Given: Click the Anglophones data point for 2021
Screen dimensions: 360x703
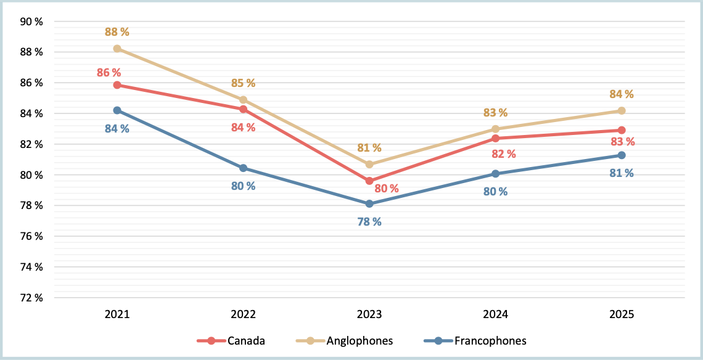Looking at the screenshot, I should click(x=117, y=49).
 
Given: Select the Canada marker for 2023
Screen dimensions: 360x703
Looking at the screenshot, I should click(x=369, y=181).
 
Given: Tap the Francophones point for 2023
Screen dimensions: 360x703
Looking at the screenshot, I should click(x=369, y=204).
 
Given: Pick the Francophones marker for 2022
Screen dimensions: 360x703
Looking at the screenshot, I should click(x=243, y=168).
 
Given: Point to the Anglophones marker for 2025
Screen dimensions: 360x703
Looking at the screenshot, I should click(x=622, y=111).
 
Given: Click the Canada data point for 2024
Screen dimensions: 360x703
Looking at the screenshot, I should click(x=495, y=138).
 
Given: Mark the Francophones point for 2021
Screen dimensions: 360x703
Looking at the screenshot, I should click(x=117, y=110).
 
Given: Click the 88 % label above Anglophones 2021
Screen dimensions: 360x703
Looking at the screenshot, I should click(x=117, y=32).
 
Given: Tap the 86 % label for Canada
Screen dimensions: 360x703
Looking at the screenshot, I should click(x=109, y=73).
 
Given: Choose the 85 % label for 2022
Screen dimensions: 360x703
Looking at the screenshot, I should click(x=243, y=83).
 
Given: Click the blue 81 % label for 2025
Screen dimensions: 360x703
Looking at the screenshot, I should click(x=622, y=173).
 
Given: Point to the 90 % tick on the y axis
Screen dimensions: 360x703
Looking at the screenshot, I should click(x=31, y=22).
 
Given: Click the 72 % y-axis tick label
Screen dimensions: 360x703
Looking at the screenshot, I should click(x=31, y=298).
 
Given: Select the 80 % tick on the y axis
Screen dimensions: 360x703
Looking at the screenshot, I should click(x=31, y=175).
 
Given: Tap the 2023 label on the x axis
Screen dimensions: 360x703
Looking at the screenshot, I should click(x=369, y=314).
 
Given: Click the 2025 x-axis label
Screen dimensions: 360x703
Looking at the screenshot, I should click(x=622, y=314).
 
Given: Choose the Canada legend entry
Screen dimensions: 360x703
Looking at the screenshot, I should click(x=231, y=341).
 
